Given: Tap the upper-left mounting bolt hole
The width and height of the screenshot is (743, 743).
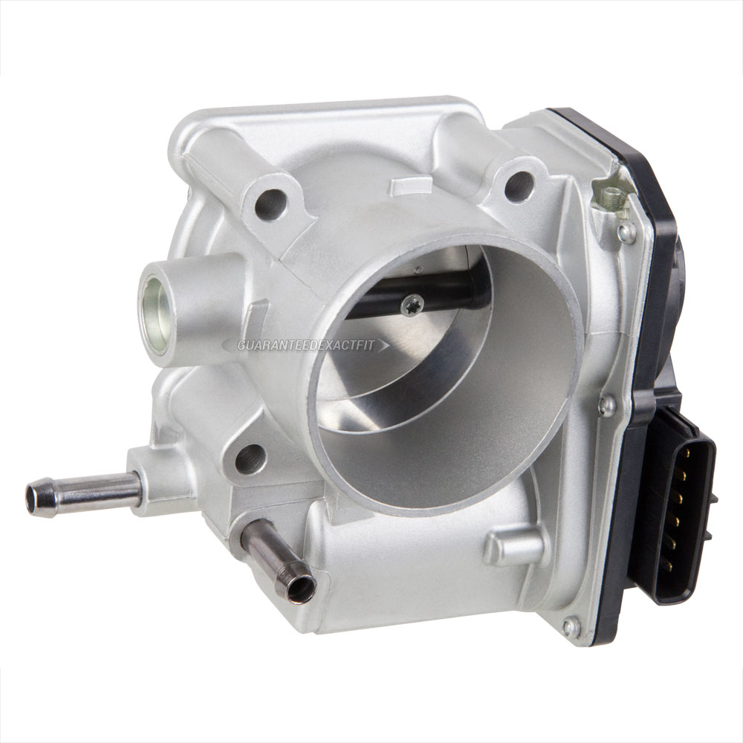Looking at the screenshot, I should click(270, 203).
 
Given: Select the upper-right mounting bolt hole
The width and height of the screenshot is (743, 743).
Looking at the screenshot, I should click(519, 185).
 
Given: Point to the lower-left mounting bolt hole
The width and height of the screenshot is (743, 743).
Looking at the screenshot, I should click(250, 458).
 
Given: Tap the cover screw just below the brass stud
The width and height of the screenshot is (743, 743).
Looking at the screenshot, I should click(627, 232).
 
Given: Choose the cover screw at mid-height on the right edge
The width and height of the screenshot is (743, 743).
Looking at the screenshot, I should click(608, 405).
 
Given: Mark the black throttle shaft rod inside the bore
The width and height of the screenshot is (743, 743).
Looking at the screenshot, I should click(446, 293).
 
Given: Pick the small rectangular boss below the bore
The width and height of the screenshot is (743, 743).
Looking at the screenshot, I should click(513, 548).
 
